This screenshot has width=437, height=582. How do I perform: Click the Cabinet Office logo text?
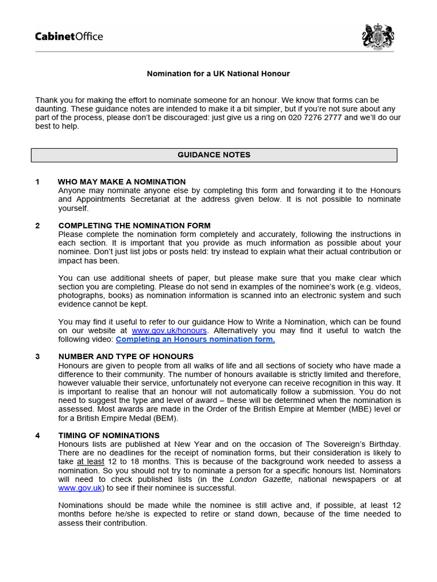click(69, 37)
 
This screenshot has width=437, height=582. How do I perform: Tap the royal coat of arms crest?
click(378, 36)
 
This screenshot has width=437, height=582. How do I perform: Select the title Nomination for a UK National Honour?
click(218, 74)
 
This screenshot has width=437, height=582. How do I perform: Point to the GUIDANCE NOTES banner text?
click(214, 155)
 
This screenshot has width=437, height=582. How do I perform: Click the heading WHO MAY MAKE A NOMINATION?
click(122, 182)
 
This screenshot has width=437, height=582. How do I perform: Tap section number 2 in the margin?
click(38, 226)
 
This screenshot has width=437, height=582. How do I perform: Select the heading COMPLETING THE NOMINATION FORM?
click(134, 226)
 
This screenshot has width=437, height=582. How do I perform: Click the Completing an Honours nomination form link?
click(195, 339)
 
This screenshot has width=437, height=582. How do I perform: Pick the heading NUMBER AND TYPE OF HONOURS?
click(126, 357)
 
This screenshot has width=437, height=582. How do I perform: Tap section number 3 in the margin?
click(38, 357)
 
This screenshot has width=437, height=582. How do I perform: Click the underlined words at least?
click(90, 462)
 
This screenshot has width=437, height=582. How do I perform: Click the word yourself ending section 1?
click(74, 208)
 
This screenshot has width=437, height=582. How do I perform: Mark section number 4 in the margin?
click(38, 435)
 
